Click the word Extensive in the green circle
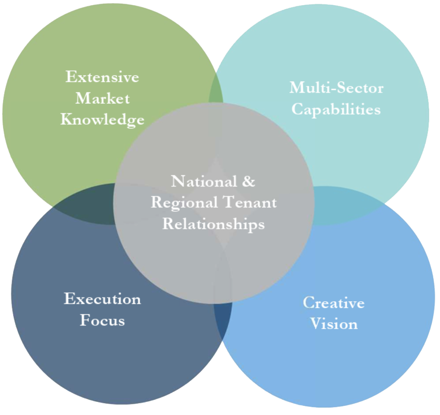(102, 77)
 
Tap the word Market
(102, 98)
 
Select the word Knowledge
(102, 119)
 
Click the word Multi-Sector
(336, 88)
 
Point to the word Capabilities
(336, 109)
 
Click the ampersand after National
(248, 181)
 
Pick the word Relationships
(213, 224)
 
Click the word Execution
(102, 299)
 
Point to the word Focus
(102, 320)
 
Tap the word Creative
(334, 303)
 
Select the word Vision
(334, 324)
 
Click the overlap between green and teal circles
(216, 92)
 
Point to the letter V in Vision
(315, 324)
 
